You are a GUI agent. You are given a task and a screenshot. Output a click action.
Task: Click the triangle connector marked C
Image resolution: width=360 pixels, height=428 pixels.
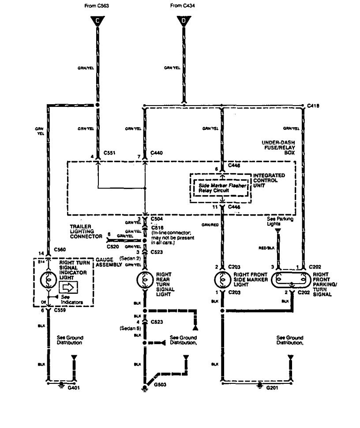tap(97, 20)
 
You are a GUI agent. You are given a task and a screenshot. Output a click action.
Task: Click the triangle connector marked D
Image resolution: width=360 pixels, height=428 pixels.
tap(182, 20)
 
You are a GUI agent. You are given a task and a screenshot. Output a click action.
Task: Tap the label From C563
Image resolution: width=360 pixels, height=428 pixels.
tap(96, 6)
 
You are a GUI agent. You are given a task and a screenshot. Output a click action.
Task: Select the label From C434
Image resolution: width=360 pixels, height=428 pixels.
tap(182, 6)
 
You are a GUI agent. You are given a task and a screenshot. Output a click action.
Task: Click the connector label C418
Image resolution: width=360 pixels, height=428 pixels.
tap(314, 106)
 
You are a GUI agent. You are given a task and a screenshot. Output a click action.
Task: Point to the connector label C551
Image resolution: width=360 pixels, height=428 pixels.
tap(109, 153)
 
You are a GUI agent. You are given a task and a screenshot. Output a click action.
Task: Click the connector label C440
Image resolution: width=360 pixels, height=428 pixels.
tap(157, 153)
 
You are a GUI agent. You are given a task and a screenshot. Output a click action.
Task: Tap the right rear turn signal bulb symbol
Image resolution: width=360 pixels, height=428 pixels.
tap(144, 280)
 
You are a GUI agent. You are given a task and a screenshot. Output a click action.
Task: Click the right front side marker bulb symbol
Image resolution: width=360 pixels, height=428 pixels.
tap(222, 280)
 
